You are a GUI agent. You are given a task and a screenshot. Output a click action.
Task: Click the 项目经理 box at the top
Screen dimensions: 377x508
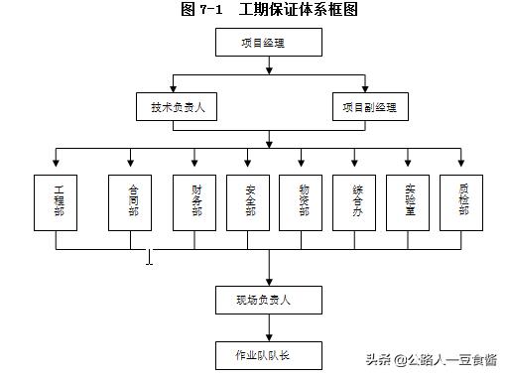tap(268, 43)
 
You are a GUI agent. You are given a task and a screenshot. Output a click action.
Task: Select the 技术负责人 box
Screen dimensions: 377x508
tap(177, 107)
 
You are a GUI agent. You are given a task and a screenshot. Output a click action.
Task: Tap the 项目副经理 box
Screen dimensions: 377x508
tap(370, 107)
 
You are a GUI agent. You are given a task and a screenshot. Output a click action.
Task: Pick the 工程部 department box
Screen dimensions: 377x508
tap(57, 203)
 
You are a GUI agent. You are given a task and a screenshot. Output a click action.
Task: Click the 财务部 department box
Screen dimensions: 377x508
tap(195, 203)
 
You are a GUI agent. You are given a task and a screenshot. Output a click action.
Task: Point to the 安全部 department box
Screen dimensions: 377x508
tap(249, 203)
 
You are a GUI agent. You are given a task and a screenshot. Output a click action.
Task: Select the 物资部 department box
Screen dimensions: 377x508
tap(302, 203)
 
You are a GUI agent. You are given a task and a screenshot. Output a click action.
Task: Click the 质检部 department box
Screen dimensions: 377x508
tap(461, 203)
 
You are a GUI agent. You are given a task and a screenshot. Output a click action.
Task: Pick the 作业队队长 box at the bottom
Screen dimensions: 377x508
tap(268, 353)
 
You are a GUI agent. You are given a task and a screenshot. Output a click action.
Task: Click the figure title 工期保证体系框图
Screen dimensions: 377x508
tap(298, 10)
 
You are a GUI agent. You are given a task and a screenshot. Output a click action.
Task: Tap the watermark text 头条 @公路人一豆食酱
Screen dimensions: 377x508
tap(432, 358)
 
